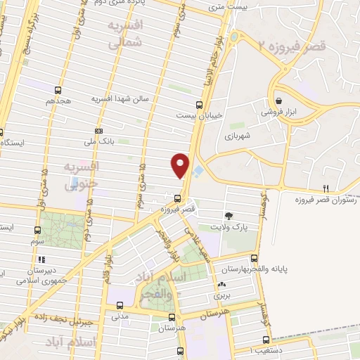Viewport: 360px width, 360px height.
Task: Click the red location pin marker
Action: tap(181, 164)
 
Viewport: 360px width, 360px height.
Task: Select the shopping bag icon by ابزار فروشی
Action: tap(279, 101)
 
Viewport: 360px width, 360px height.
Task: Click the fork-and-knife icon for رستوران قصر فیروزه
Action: tap(325, 188)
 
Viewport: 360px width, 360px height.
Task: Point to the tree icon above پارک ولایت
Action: tap(229, 215)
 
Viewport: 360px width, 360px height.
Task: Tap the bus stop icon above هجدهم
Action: tap(58, 90)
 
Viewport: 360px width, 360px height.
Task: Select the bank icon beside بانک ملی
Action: tap(96, 131)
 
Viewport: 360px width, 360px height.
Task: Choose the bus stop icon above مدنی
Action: tap(120, 305)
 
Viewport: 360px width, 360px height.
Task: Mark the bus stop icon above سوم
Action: tap(37, 229)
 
